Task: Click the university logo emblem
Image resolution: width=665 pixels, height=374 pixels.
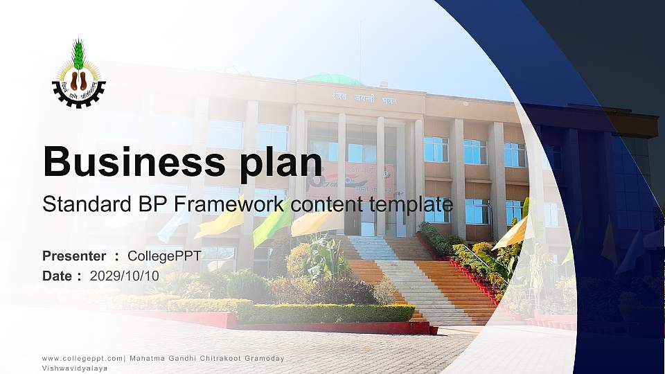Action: point(79,75)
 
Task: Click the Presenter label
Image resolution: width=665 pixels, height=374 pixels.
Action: point(74,256)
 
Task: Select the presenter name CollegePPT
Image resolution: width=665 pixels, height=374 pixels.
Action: point(164,256)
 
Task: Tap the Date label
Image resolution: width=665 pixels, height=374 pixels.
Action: point(57,276)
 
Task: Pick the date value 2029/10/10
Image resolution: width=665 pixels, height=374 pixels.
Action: point(125,276)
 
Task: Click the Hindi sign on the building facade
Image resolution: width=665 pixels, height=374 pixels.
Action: point(353,99)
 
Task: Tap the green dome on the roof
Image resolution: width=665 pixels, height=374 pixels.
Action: point(333,79)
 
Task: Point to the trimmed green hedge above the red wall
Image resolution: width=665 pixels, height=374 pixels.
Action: point(326,312)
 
